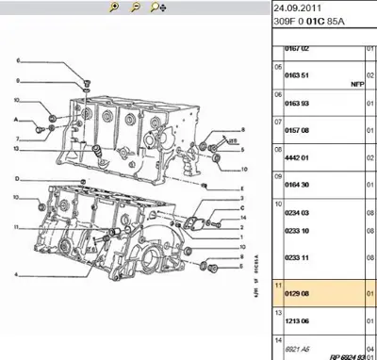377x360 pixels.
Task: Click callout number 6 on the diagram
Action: point(17,61)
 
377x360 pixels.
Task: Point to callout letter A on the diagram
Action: point(16,120)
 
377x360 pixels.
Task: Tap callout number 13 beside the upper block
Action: point(16,149)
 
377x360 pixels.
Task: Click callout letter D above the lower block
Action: point(16,178)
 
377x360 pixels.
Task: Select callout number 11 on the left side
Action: point(16,227)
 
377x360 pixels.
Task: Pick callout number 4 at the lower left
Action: point(16,274)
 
